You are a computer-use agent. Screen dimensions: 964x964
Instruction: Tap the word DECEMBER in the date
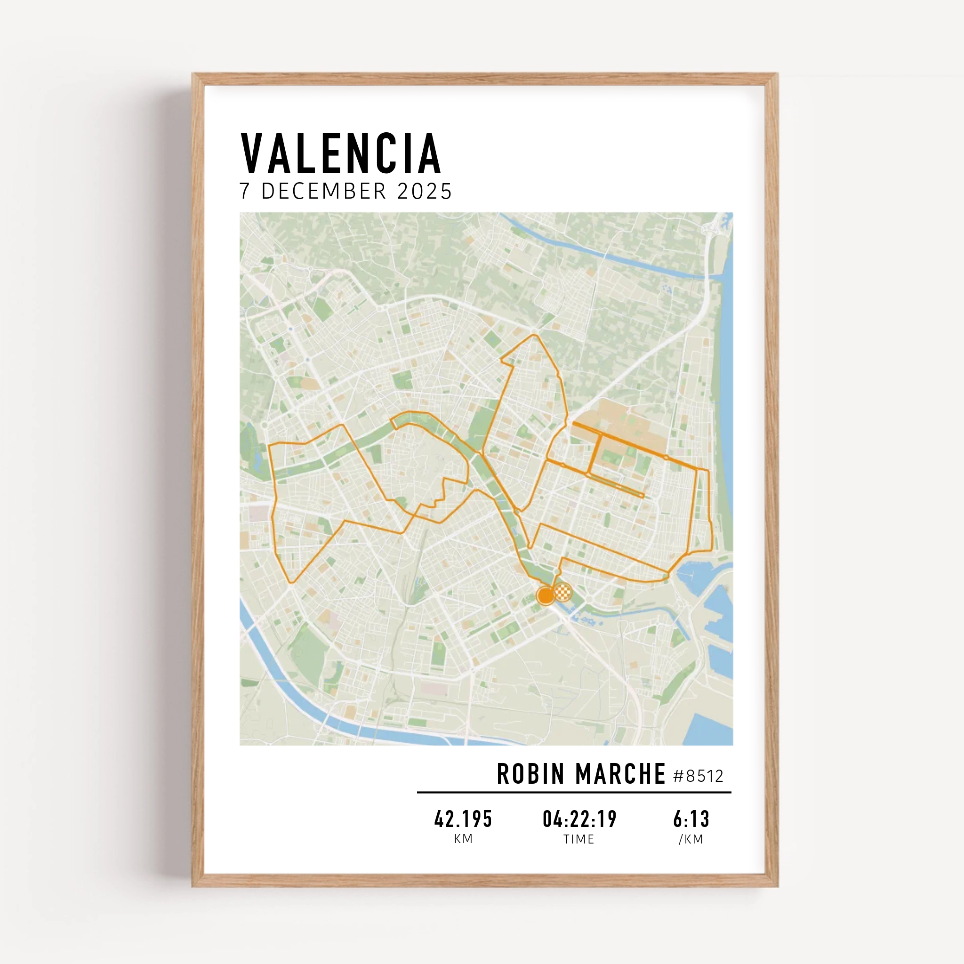tap(324, 191)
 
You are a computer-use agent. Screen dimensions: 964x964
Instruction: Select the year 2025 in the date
tap(424, 191)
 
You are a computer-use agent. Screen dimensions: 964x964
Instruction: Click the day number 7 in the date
tap(244, 191)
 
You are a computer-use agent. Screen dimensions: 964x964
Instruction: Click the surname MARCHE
tap(620, 774)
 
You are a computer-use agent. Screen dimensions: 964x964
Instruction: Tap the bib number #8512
tap(698, 776)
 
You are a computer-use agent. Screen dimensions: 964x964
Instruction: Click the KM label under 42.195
tap(463, 839)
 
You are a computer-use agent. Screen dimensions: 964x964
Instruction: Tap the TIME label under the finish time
tap(579, 839)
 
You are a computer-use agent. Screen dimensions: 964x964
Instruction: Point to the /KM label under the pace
tap(691, 839)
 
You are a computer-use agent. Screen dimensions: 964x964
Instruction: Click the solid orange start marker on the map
tap(546, 595)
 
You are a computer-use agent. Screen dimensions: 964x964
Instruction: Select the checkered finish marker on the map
tap(563, 592)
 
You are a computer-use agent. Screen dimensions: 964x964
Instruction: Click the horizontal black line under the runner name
tap(574, 792)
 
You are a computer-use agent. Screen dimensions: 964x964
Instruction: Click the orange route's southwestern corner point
tap(291, 582)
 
